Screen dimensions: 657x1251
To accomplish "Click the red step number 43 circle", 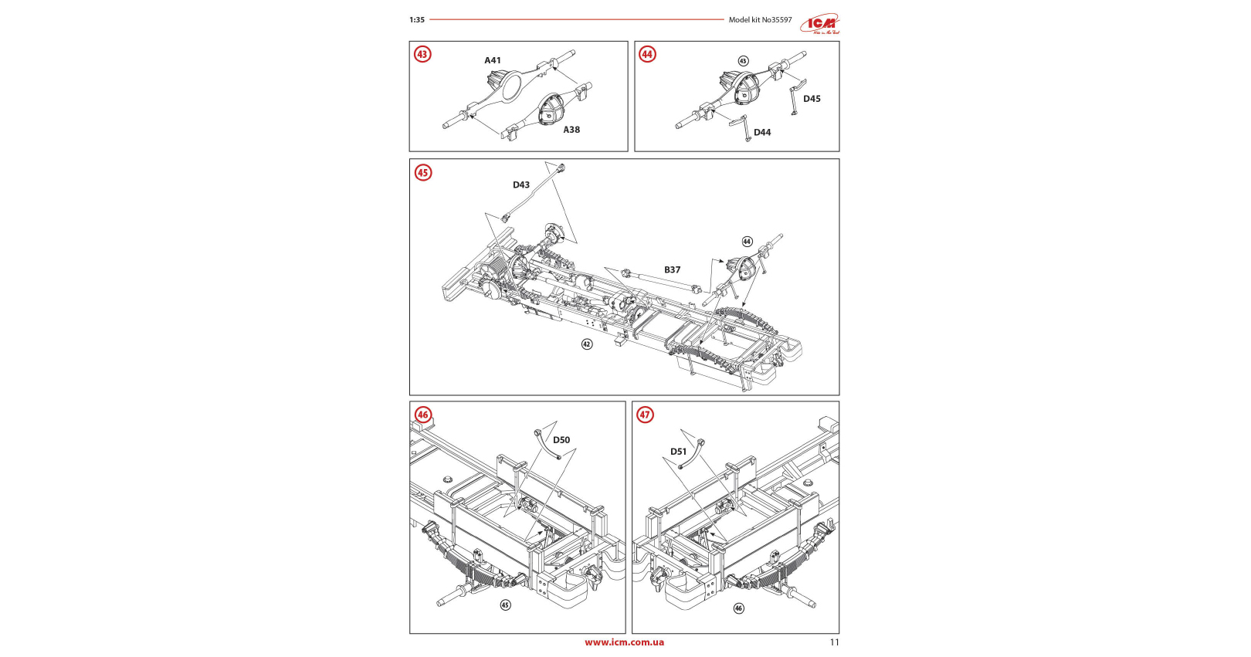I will click(422, 54).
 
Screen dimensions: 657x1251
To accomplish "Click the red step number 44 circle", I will click(647, 54).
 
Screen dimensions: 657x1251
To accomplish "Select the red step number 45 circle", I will click(422, 172).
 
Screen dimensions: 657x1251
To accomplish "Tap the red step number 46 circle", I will click(422, 415).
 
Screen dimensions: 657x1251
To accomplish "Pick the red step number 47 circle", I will click(645, 415).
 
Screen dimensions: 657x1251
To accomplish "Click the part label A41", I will click(493, 60).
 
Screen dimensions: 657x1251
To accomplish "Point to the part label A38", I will click(571, 130).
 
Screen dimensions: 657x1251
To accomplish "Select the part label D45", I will click(812, 99).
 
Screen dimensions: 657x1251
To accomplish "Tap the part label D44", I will click(762, 133).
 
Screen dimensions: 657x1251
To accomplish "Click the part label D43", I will click(521, 185).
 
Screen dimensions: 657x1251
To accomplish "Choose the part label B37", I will click(673, 270).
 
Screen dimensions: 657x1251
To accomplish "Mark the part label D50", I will click(561, 440).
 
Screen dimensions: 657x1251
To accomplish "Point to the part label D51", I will click(678, 452).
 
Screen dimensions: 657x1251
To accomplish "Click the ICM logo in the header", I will click(820, 24).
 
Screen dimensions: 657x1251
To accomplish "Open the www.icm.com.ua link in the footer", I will click(624, 642).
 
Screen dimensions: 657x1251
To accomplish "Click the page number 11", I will click(834, 642).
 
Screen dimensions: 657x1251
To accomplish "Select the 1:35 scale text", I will click(417, 20).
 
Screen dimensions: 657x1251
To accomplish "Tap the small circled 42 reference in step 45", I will click(587, 344).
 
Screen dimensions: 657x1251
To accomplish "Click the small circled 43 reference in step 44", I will click(743, 61).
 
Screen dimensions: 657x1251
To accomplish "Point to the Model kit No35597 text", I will click(760, 20).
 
